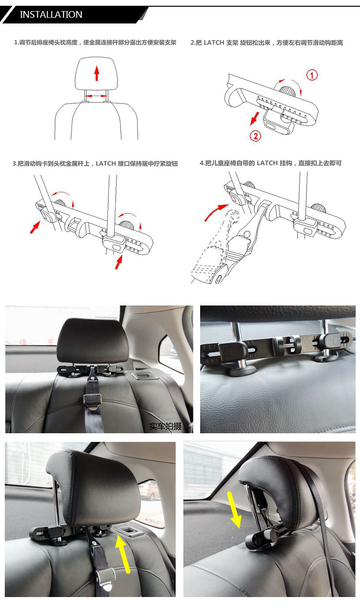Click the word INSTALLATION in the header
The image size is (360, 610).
coord(51,14)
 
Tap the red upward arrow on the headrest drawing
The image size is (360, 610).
coord(96,74)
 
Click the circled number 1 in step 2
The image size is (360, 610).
coord(312,75)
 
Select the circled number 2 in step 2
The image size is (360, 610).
coord(255,136)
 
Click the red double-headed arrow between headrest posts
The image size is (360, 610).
coord(96,96)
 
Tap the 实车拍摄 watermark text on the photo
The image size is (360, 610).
coord(165,426)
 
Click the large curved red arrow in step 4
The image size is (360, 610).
coord(216,212)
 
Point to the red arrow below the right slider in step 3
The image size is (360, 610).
coord(119,262)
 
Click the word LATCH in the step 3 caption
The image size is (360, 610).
coord(106,164)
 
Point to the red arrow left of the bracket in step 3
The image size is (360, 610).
coord(35,227)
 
